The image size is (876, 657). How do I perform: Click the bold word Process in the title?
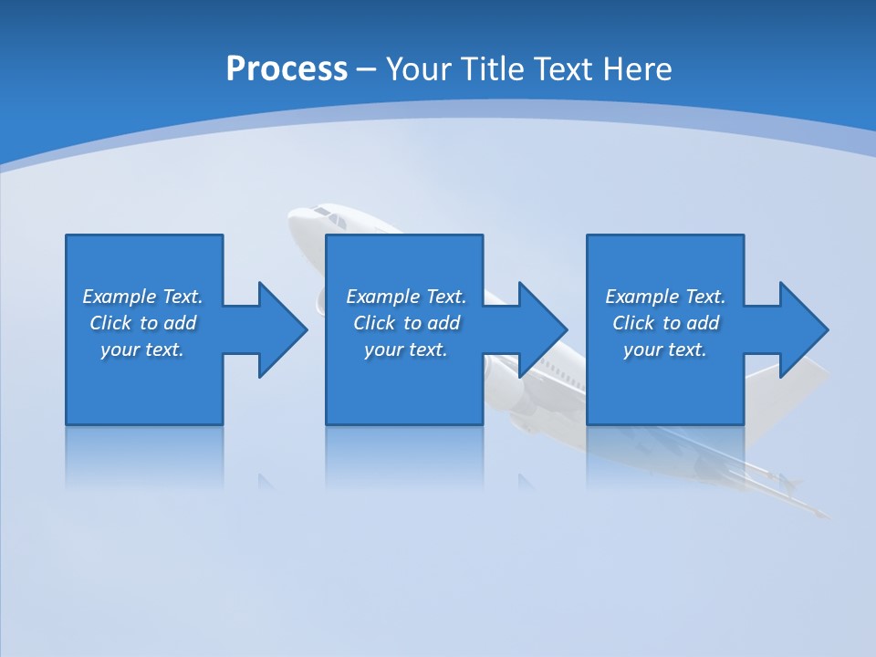287,69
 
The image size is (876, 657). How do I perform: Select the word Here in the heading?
636,69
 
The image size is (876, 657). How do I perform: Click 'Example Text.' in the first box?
142,297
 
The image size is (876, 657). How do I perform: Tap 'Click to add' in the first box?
142,323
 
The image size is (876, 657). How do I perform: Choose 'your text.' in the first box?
142,349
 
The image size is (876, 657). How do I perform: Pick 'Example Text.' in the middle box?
405,297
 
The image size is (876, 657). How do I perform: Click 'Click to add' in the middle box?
405,323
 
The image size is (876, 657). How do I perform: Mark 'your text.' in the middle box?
405,349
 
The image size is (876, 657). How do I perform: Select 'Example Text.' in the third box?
665,297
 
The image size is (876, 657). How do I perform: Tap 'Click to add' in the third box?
665,323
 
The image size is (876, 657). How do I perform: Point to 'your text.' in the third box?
665,349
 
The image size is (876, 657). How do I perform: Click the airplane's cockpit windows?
330,216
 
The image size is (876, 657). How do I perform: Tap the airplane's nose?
297,220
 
